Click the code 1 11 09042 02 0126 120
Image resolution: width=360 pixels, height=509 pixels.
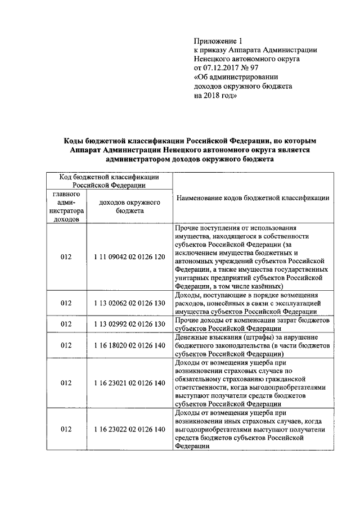(129, 256)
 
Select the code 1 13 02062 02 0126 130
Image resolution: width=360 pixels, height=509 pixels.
(129, 303)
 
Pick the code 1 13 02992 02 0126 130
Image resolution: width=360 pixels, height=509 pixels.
(129, 324)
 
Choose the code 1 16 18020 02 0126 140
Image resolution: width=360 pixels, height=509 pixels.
(129, 345)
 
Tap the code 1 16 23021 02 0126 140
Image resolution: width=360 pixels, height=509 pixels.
(129, 382)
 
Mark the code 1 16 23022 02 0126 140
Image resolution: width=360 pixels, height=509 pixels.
(129, 429)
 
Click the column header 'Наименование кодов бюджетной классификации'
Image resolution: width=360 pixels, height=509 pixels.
(253, 198)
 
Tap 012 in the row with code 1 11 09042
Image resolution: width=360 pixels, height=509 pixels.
(66, 256)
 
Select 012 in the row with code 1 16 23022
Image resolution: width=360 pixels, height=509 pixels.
(66, 429)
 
